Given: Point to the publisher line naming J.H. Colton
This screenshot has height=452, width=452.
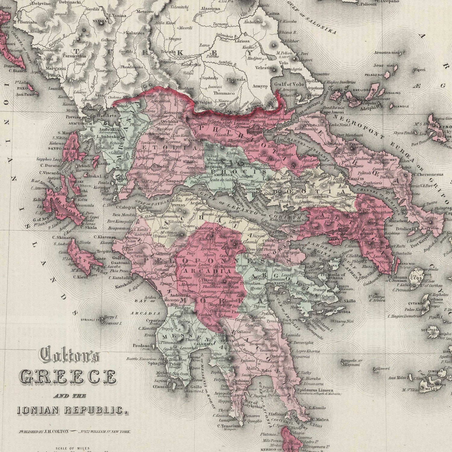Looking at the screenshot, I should tap(74, 432).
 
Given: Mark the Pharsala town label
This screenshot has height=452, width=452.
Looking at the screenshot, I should tap(236, 80).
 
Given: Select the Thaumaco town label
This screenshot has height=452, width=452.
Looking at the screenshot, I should tap(224, 93).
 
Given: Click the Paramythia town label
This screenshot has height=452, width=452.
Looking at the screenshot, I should tap(74, 56).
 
